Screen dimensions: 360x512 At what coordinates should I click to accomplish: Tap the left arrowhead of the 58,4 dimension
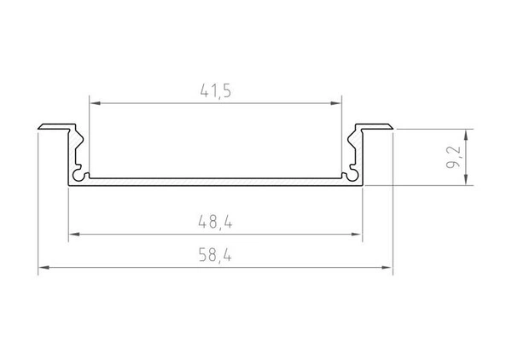(x=43, y=268)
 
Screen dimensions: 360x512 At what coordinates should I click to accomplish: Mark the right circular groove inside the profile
(x=347, y=175)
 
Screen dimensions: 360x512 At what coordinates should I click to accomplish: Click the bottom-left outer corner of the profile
(x=67, y=185)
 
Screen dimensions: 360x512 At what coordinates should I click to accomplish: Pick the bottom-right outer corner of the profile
(x=362, y=185)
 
